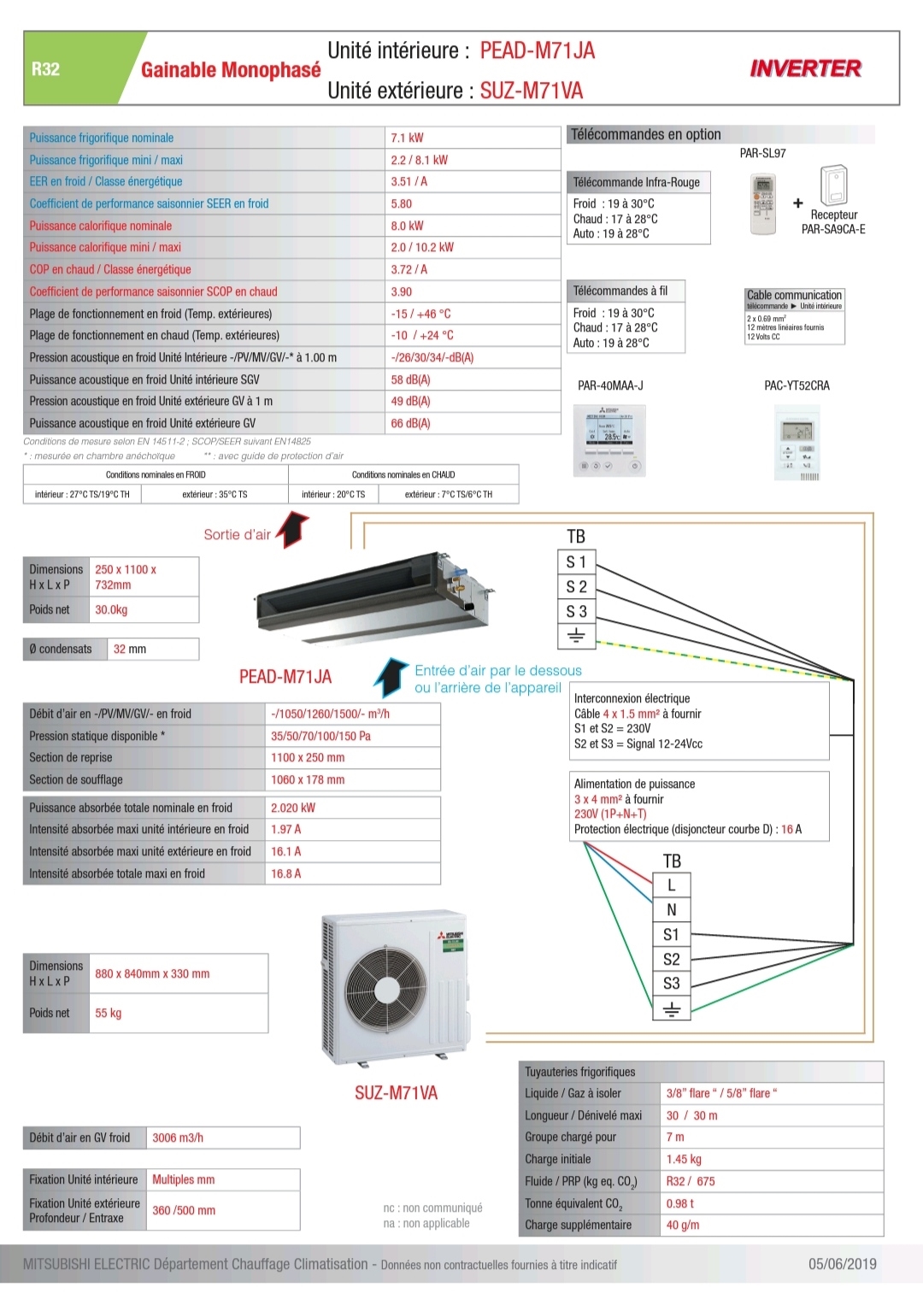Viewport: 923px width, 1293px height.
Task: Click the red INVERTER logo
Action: (805, 69)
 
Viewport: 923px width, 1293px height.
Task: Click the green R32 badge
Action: (46, 69)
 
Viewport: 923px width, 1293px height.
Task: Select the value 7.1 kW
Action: (407, 138)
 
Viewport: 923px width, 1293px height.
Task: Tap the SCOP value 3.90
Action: (402, 291)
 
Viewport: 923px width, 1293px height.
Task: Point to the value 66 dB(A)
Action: (410, 423)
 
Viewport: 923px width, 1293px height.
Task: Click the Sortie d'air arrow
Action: (293, 529)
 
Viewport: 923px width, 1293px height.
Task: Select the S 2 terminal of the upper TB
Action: (576, 586)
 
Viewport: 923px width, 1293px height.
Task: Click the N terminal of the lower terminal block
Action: (672, 910)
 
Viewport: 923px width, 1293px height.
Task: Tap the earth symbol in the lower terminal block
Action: (672, 1009)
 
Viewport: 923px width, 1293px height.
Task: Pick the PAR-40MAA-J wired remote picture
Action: (610, 440)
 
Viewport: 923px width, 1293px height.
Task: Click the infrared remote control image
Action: (762, 203)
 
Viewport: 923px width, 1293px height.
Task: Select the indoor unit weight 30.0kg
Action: (111, 610)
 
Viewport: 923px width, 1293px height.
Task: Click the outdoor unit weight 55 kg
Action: (109, 1014)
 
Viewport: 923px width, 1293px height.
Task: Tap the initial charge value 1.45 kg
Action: (684, 1160)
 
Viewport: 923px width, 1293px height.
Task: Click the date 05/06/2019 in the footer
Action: (842, 1264)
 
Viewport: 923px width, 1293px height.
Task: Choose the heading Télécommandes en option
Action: (646, 134)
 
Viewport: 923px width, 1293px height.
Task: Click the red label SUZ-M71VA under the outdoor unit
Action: (396, 1092)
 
